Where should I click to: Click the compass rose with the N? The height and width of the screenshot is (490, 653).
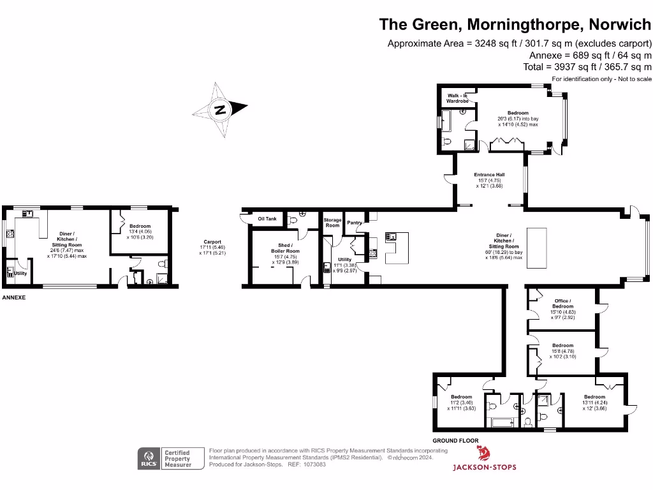220,109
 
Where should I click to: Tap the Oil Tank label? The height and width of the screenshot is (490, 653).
267,219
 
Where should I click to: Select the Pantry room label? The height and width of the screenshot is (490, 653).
355,223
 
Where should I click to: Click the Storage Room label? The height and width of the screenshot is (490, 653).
332,223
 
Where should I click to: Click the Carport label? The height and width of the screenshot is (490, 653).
212,242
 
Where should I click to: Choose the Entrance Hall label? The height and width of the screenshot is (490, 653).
489,175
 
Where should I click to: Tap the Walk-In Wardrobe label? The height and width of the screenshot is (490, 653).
457,98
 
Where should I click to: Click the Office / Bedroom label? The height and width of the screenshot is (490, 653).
562,303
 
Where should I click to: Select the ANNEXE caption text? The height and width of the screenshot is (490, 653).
13,298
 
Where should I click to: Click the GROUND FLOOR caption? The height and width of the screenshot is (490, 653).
455,441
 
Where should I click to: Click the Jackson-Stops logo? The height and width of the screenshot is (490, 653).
484,459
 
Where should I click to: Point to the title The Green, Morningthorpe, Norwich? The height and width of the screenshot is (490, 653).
515,24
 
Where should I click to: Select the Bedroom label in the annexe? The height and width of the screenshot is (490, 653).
140,226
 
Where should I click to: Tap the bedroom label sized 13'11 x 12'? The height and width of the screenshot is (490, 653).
594,397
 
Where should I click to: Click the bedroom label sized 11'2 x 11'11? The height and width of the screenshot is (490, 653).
461,397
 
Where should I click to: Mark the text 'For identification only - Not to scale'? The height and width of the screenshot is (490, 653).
601,78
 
